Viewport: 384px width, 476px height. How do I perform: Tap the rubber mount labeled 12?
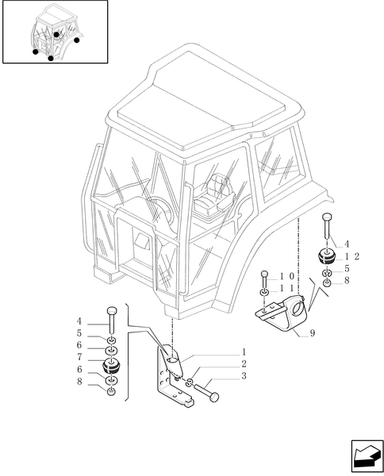pyautogui.click(x=326, y=258)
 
